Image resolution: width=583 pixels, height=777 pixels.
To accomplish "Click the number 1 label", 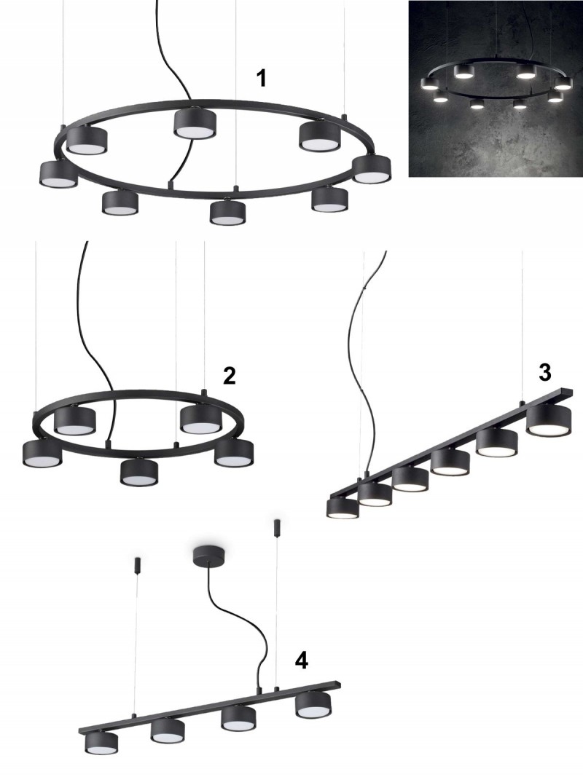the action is [262, 79].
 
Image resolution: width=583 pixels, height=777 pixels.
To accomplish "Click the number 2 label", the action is [229, 376].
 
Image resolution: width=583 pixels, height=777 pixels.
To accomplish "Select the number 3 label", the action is [545, 372].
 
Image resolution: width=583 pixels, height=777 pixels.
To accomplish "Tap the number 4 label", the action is [302, 660].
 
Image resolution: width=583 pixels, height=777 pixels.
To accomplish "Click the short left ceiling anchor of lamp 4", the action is [137, 565].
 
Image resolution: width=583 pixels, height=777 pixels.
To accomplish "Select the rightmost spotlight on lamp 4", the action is [313, 706].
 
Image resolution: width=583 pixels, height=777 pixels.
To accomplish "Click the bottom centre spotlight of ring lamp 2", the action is [139, 473].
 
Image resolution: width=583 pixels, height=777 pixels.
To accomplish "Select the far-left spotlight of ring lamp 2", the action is [42, 454].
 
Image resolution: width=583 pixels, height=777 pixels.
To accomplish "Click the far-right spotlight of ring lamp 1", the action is [372, 169].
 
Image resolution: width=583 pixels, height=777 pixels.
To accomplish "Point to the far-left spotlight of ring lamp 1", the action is [59, 175].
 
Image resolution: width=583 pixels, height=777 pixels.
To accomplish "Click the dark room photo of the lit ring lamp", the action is [496, 88].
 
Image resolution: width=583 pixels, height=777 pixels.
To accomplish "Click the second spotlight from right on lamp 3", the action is [497, 443].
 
